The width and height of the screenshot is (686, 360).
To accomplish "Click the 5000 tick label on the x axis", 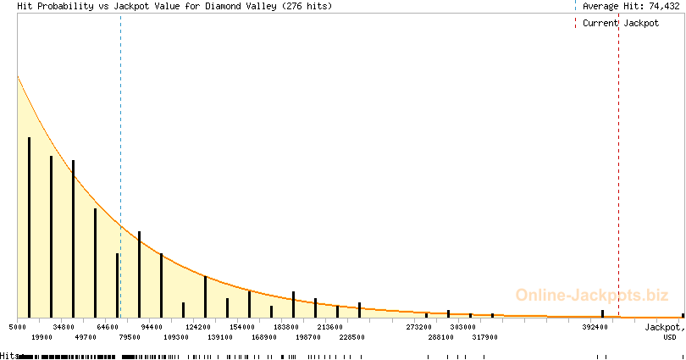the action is (18, 327).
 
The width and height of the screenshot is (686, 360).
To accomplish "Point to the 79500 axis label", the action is (130, 337).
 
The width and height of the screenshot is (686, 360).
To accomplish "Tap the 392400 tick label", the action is (595, 327).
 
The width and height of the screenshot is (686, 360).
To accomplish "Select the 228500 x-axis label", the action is (351, 337).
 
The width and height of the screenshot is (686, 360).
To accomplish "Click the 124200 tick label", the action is (197, 327).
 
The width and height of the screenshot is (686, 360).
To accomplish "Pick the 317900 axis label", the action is (484, 337).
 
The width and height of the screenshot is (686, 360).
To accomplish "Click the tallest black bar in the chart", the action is (30, 228).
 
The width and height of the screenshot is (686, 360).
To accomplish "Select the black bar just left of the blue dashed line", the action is (117, 285).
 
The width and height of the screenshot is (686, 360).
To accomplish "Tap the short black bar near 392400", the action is (602, 313).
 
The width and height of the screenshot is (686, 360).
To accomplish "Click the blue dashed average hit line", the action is (121, 165).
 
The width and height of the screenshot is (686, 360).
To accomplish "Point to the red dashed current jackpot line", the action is (618, 165).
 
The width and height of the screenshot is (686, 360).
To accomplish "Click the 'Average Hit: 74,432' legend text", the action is (631, 6).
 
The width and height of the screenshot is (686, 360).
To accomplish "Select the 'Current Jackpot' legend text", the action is (621, 23).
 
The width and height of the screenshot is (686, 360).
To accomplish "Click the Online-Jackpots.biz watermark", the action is (592, 296).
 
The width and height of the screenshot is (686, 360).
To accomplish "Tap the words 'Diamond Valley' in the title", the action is (241, 6).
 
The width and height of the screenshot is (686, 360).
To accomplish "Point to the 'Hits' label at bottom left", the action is (9, 356).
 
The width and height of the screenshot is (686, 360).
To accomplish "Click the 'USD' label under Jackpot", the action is (670, 337).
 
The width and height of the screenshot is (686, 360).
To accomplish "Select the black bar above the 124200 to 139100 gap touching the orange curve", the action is (205, 297).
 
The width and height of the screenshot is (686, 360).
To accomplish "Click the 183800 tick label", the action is (286, 327).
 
